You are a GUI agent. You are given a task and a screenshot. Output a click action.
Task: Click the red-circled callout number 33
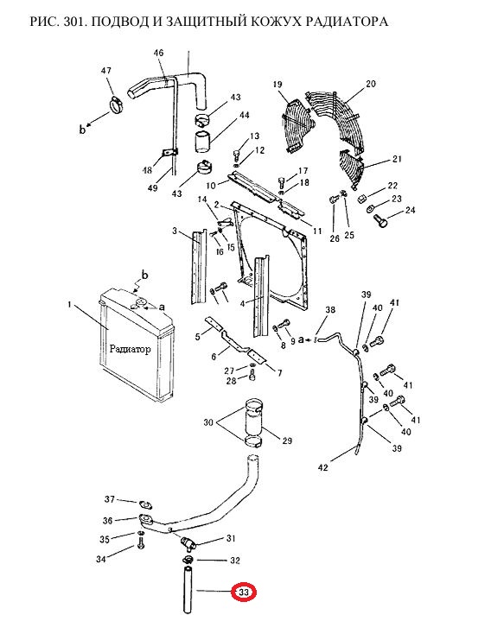(244, 592)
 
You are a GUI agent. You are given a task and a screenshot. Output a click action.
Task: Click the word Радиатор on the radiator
(130, 349)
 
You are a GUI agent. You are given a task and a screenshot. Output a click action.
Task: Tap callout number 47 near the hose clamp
(106, 71)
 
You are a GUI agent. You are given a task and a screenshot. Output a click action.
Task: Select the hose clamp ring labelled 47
(116, 105)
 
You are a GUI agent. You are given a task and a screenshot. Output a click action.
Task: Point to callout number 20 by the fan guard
(371, 84)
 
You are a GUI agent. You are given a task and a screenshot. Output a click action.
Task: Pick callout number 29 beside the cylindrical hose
(286, 440)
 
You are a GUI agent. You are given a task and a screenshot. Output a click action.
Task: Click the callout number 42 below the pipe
(323, 467)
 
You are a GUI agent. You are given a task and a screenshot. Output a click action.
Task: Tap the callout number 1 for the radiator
(69, 305)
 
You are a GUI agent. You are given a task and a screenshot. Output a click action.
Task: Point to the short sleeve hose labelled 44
(203, 142)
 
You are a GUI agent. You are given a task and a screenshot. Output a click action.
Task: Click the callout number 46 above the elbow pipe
(158, 53)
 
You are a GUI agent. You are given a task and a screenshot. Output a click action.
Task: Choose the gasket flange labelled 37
(146, 504)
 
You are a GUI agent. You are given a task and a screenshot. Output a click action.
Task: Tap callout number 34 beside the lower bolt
(101, 559)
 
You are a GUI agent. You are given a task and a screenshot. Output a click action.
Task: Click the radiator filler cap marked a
(138, 304)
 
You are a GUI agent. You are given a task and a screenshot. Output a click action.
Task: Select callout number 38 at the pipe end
(330, 309)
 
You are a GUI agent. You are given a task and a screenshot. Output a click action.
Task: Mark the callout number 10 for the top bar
(211, 185)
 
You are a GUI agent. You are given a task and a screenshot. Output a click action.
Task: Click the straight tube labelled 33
(187, 591)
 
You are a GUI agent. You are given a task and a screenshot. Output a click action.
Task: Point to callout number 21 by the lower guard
(397, 158)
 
